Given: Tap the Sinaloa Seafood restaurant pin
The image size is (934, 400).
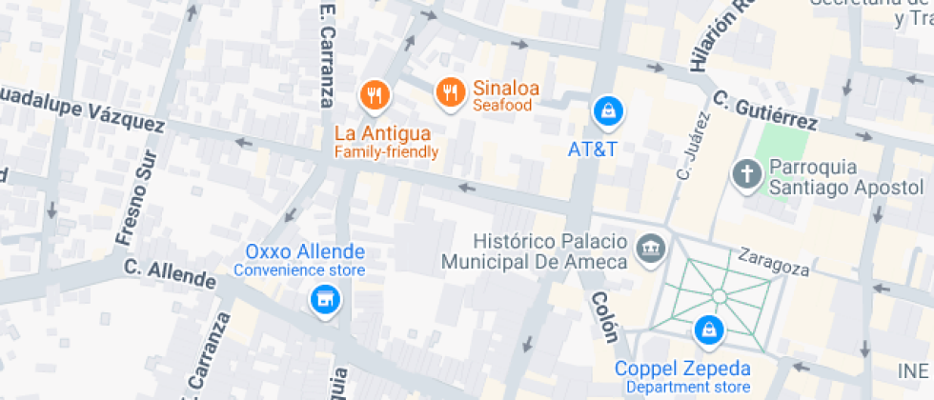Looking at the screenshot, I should tap(449, 91).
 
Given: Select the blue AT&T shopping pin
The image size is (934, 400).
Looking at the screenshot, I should tap(607, 111).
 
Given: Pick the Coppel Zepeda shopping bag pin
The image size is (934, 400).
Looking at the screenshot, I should tap(708, 330).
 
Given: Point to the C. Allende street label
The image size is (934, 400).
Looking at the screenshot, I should tap(170, 275).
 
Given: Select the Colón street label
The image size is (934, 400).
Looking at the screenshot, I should tap(604, 317).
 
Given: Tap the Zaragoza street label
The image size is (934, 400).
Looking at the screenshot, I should tap(773, 264).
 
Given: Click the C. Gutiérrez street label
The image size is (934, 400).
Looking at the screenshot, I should tap(764, 110).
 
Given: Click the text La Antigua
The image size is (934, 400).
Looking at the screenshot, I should tap(382, 133).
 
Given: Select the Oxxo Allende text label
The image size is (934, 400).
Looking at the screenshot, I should tap(305, 252).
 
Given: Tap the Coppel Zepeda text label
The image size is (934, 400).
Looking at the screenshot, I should tap(682, 369).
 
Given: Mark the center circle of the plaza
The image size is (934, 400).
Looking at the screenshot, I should tap(719, 296).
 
